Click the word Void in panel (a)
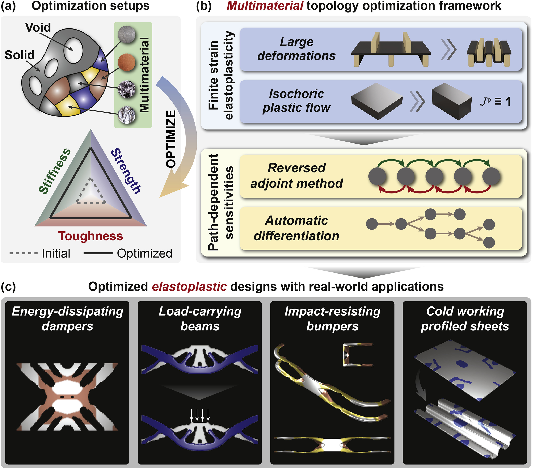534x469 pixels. [x=38, y=27]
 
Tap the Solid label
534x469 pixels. [x=20, y=55]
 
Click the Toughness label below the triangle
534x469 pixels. [x=90, y=236]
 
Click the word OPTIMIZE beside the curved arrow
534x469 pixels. [x=171, y=139]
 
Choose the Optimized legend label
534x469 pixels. [x=145, y=253]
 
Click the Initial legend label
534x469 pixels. [x=56, y=253]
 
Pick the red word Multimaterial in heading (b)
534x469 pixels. [x=265, y=6]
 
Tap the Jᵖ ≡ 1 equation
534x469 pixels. [x=495, y=101]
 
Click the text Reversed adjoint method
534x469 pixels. [x=297, y=175]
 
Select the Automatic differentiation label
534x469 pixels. [x=297, y=228]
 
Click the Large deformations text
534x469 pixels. [x=297, y=49]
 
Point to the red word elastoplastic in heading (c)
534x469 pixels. [x=189, y=286]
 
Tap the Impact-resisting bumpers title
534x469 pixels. [x=332, y=319]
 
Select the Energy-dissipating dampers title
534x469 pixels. [x=67, y=319]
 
